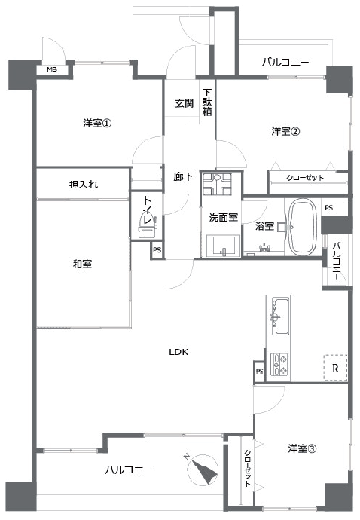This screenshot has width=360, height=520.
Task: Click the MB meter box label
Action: (x=52, y=69)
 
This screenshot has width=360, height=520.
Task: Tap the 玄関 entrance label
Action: (x=185, y=103)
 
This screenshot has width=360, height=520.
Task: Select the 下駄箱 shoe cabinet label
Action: (x=207, y=102)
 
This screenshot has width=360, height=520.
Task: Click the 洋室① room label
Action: (x=97, y=124)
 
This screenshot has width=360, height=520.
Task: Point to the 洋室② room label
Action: (x=285, y=131)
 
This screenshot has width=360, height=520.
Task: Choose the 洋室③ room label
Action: (x=302, y=448)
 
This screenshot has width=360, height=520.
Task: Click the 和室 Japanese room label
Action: (x=82, y=264)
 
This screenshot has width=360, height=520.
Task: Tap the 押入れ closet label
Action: (x=84, y=184)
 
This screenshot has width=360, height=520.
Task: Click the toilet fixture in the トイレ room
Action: (x=147, y=225)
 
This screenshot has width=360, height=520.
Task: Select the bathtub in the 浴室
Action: (x=301, y=227)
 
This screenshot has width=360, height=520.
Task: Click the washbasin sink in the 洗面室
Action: (x=223, y=246)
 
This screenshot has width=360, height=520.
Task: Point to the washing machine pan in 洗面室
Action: (x=217, y=184)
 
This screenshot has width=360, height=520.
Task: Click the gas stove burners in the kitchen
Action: (x=279, y=364)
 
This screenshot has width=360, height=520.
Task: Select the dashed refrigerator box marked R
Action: (x=335, y=368)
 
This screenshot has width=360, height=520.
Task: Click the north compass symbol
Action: (x=203, y=469)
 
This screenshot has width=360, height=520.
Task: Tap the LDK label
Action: (x=178, y=352)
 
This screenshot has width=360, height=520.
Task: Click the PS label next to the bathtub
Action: (x=329, y=207)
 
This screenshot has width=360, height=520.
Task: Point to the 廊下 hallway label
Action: (x=183, y=176)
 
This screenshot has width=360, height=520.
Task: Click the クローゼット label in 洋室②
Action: (x=305, y=178)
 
